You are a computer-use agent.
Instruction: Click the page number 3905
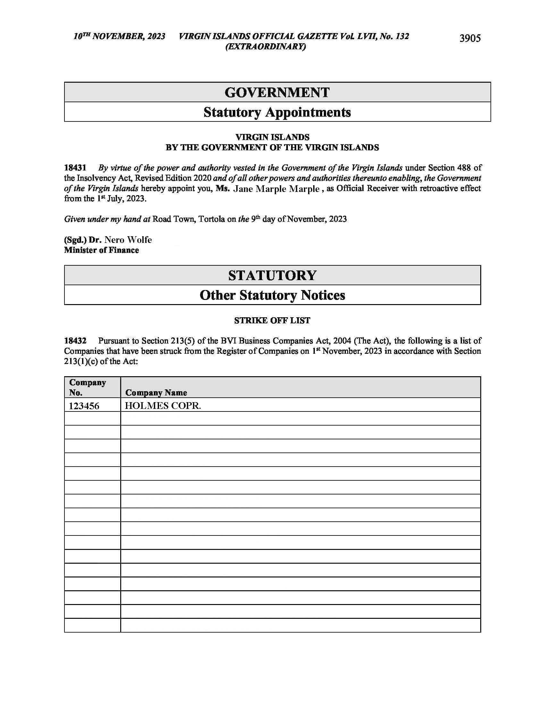[470, 38]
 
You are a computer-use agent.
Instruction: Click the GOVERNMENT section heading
[277, 92]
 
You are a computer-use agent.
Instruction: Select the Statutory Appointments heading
[277, 112]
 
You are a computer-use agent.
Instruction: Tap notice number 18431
[75, 168]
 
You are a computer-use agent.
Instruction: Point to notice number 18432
[75, 341]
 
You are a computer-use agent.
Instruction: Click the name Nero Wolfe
[128, 240]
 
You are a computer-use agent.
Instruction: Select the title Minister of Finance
[101, 250]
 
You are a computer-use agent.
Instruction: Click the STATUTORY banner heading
[272, 275]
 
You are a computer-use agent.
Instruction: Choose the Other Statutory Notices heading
[272, 295]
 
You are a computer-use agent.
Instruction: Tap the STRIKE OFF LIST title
[272, 320]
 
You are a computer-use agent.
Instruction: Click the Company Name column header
[156, 393]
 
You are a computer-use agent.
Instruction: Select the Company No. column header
[88, 387]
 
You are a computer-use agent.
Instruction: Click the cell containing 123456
[84, 406]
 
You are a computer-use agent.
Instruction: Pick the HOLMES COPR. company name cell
[163, 406]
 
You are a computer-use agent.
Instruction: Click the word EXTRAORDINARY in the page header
[265, 47]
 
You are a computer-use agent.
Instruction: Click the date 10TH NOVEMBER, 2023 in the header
[119, 36]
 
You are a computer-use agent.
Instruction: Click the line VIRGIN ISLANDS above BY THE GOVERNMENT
[272, 137]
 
